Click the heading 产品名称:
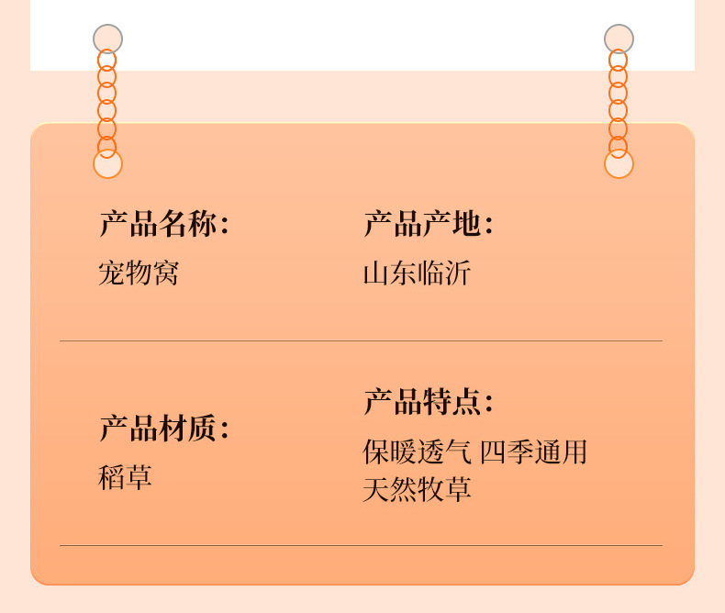(163, 224)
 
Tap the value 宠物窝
(139, 273)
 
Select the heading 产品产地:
(428, 224)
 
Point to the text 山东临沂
(417, 273)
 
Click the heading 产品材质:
(163, 428)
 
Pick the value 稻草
(125, 477)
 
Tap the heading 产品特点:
(428, 402)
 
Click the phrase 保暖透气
(418, 451)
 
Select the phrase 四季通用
(533, 451)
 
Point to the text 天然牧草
(417, 489)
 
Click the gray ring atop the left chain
(107, 39)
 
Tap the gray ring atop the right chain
(619, 39)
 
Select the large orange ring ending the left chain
(107, 163)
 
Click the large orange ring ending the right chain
(619, 163)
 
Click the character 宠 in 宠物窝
(112, 273)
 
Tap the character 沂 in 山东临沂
(457, 273)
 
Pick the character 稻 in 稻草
(112, 477)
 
